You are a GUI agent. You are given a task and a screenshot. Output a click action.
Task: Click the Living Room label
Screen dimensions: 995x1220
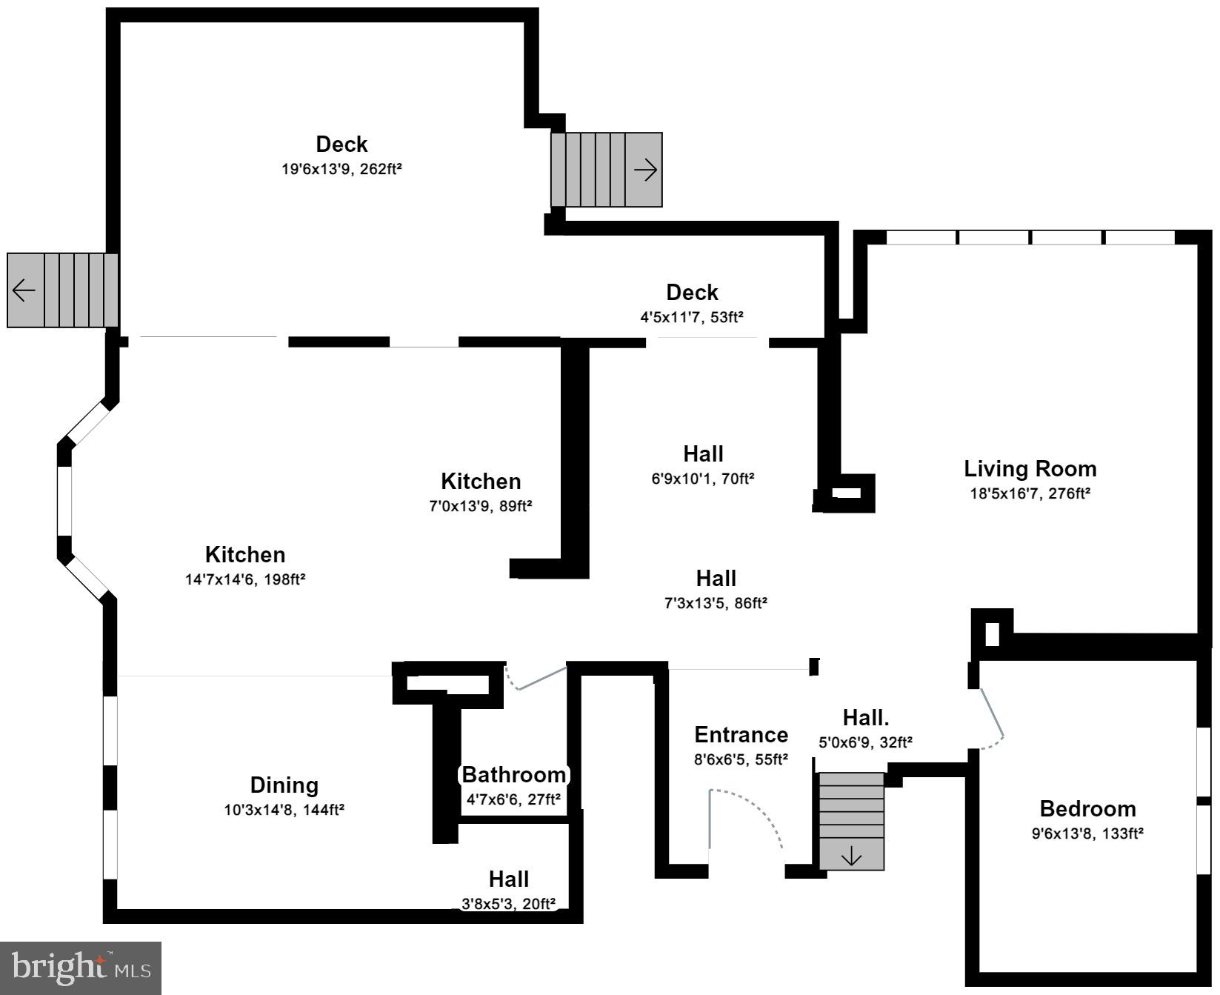pos(1030,468)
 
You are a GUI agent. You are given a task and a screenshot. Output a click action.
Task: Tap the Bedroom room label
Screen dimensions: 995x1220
pos(1087,808)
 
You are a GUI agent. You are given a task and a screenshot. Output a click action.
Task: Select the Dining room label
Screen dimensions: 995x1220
pos(284,785)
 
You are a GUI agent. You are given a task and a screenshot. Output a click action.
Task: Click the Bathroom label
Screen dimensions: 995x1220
pos(514,775)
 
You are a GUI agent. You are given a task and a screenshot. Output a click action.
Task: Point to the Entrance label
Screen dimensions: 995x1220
pos(741,735)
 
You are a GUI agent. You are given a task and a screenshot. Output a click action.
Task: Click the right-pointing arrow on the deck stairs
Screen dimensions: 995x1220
pos(646,170)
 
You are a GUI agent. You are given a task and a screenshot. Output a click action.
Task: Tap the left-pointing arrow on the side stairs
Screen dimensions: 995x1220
pos(24,290)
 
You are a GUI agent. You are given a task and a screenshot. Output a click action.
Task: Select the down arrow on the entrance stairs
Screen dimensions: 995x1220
pos(852,856)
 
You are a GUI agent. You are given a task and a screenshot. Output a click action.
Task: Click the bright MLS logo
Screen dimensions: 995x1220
pos(81,968)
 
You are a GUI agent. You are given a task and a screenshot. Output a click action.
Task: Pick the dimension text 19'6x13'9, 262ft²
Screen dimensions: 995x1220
pos(341,169)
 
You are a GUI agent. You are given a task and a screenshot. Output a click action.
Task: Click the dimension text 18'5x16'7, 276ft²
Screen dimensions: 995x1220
pos(1030,493)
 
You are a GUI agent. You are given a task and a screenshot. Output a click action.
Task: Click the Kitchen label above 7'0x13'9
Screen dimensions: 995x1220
pos(481,482)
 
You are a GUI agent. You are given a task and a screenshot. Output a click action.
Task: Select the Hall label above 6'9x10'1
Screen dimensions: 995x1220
pos(703,453)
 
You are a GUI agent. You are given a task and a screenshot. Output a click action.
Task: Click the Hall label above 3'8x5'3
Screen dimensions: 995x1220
pos(508,879)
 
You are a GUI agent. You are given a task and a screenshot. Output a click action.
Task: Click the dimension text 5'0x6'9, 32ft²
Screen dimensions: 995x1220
pos(865,742)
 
